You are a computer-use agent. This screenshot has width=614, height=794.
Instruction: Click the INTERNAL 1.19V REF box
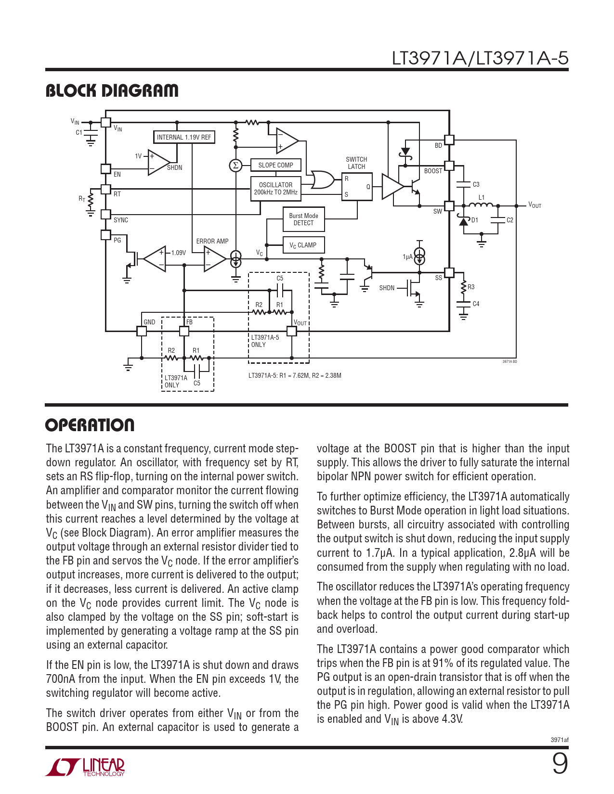coord(184,137)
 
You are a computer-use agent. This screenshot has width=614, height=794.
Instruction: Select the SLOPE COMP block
coord(275,165)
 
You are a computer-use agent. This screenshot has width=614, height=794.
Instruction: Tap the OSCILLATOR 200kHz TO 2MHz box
coord(275,188)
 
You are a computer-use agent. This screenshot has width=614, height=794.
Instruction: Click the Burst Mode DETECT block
coord(303,219)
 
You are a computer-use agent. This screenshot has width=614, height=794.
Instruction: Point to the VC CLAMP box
coord(303,245)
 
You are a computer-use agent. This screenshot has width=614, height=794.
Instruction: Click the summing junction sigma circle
coord(235,166)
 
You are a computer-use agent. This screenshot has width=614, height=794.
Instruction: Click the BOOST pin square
coord(449,166)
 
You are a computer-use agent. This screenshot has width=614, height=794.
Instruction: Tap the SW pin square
coord(449,206)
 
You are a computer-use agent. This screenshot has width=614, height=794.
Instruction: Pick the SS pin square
coord(449,272)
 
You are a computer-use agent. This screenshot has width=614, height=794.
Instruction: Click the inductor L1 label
coord(482,197)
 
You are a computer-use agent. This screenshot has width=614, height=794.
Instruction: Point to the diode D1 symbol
coord(464,221)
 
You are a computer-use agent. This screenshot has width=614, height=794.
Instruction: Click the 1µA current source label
coord(407,257)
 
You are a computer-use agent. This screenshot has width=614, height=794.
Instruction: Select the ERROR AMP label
coord(212,241)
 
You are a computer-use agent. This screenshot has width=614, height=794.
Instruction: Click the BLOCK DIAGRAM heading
coord(112,90)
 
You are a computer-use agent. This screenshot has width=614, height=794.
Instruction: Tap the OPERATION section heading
coord(90,425)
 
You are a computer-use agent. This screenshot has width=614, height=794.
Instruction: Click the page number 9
coord(560,764)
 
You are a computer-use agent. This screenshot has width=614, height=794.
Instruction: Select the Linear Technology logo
coord(85,767)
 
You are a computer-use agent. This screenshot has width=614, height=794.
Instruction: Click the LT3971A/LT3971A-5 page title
coord(480,58)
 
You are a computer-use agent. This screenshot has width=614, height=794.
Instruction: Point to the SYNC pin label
coord(121,220)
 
